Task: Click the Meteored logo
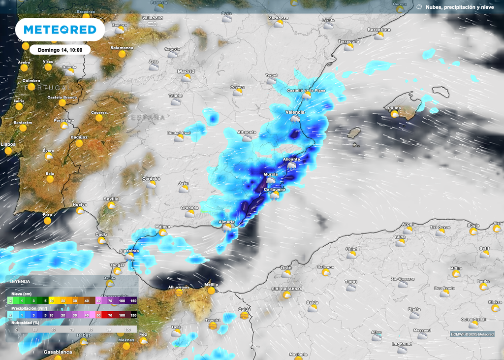tap(60, 30)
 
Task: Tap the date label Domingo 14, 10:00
tap(60, 50)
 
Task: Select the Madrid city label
tap(186, 71)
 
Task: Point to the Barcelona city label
tap(379, 30)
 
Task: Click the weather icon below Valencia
tap(295, 119)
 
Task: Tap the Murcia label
tap(271, 175)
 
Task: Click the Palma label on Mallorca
tap(394, 108)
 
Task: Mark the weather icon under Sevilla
tap(112, 205)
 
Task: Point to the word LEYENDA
tap(20, 282)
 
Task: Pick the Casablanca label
tap(58, 352)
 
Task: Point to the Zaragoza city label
tap(278, 18)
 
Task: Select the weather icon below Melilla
tap(212, 291)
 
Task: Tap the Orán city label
tap(286, 268)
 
